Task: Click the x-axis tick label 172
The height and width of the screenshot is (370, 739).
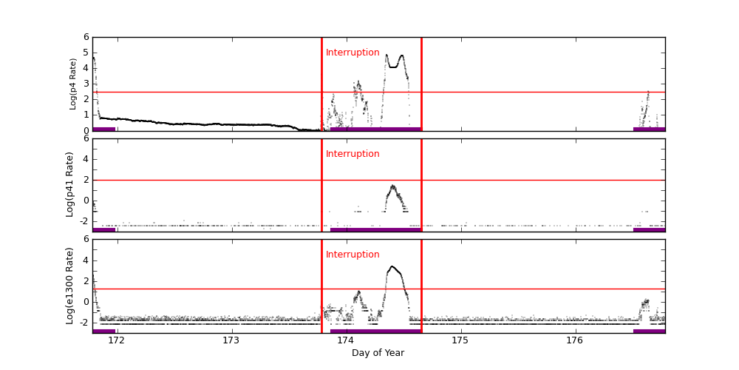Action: pyautogui.click(x=116, y=340)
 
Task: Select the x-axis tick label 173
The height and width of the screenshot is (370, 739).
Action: pyautogui.click(x=231, y=340)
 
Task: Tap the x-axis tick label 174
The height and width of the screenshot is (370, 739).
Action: pyautogui.click(x=346, y=340)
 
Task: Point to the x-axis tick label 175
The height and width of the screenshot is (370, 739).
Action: pyautogui.click(x=460, y=340)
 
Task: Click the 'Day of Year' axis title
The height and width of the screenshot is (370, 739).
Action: pyautogui.click(x=378, y=353)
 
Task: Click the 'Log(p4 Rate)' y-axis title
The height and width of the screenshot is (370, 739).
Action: pyautogui.click(x=73, y=84)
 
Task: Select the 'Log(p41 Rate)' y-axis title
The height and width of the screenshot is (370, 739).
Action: pyautogui.click(x=70, y=184)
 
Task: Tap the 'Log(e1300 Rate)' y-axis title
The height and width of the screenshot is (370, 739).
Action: pyautogui.click(x=70, y=286)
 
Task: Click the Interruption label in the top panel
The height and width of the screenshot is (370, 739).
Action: pyautogui.click(x=353, y=53)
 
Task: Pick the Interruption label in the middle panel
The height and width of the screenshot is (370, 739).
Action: pyautogui.click(x=353, y=154)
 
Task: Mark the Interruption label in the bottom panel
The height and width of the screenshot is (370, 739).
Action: pyautogui.click(x=353, y=255)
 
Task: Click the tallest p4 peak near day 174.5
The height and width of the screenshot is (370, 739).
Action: pyautogui.click(x=401, y=55)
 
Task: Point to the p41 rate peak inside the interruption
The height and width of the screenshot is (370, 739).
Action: pyautogui.click(x=392, y=186)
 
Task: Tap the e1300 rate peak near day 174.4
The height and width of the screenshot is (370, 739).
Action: pyautogui.click(x=392, y=266)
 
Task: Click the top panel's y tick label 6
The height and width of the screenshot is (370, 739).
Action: pyautogui.click(x=86, y=37)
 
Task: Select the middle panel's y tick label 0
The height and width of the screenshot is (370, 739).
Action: pyautogui.click(x=86, y=200)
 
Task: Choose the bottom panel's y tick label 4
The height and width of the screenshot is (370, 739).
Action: pyautogui.click(x=86, y=260)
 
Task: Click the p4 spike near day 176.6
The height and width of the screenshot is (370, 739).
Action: pyautogui.click(x=648, y=92)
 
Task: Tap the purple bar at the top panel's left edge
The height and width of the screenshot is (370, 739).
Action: pyautogui.click(x=103, y=129)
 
